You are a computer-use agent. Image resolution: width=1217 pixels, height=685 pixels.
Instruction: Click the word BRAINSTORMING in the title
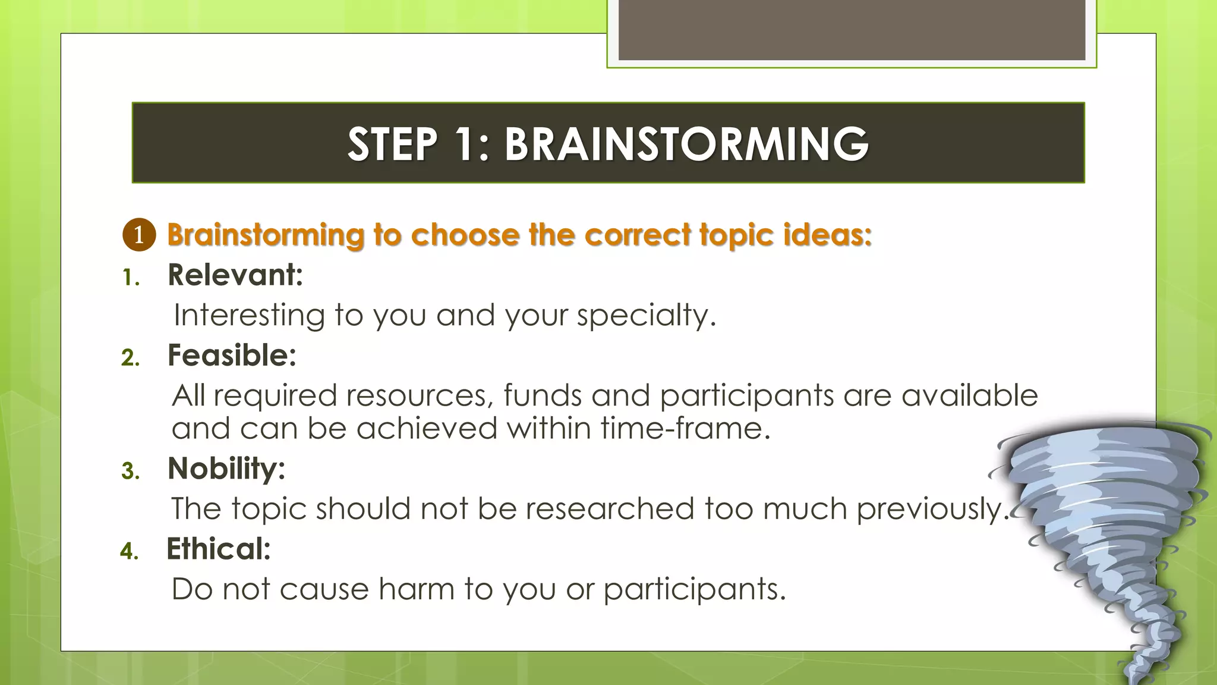[686, 144]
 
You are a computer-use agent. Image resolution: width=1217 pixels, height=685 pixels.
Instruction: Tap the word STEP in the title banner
[392, 144]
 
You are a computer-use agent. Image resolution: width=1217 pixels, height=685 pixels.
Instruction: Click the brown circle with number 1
[139, 235]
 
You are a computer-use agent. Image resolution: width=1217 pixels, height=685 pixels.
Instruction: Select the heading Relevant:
[235, 275]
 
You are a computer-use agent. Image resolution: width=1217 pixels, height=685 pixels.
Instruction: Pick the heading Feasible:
[232, 356]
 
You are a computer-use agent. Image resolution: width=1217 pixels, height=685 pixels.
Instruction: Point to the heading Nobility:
[226, 469]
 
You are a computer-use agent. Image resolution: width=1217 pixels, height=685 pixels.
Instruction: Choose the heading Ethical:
[218, 549]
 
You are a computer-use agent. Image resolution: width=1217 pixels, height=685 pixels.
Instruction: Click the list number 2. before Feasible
[130, 358]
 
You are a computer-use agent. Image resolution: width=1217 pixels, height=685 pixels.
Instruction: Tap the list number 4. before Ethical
[129, 551]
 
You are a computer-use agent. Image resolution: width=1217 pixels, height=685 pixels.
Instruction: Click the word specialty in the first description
[645, 315]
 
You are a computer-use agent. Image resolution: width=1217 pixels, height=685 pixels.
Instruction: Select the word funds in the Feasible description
[542, 395]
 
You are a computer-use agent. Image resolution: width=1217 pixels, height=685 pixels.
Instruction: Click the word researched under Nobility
[609, 508]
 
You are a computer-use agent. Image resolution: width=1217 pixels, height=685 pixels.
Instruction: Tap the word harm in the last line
[416, 589]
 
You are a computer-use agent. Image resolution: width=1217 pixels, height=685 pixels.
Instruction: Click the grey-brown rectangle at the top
[852, 30]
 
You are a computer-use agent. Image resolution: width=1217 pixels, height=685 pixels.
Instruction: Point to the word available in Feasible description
[969, 395]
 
